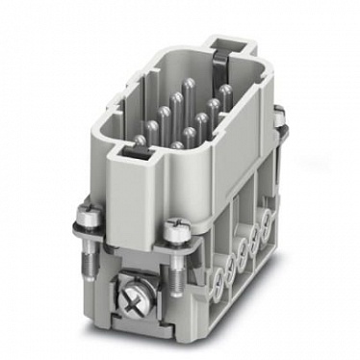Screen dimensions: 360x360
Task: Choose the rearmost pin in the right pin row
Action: (x=223, y=93)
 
